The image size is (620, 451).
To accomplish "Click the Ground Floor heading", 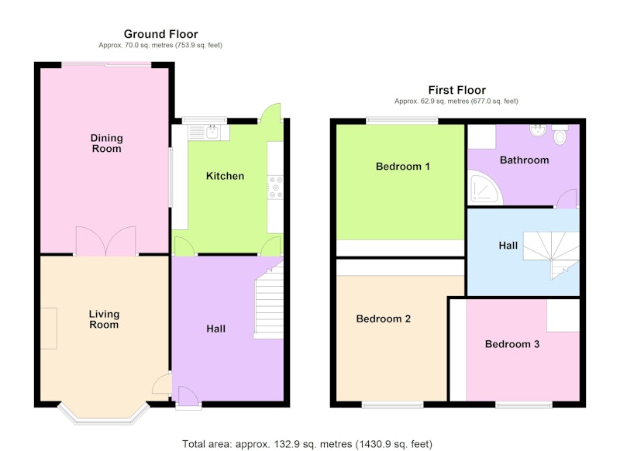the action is coord(160,34).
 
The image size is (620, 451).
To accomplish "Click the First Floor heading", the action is coord(456,90).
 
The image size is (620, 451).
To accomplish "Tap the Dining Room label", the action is coord(106,143).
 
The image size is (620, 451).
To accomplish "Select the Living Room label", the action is coord(104,319).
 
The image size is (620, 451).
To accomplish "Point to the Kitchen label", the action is coord(225,176).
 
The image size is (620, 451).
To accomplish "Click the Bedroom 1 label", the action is coord(402,167).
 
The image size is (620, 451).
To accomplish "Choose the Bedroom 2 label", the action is coord(383,318).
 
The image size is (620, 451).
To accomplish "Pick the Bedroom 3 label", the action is coord(512,344).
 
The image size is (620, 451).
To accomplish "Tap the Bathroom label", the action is coord(525,160).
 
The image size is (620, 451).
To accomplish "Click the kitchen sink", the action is coord(208,133).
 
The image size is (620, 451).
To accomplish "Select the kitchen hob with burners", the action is coord(275,188).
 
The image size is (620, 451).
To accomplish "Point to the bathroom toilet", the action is coord(560,134).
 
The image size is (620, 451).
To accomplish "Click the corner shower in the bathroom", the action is coord(485,188).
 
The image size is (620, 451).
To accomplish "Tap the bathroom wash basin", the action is coord(537,130).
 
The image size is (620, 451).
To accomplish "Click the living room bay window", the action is coord(104,414).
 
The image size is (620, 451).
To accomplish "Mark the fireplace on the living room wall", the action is coord(49,329).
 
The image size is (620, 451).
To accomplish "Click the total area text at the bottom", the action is coord(307,444).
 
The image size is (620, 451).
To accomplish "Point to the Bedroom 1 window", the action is coord(402,121).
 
